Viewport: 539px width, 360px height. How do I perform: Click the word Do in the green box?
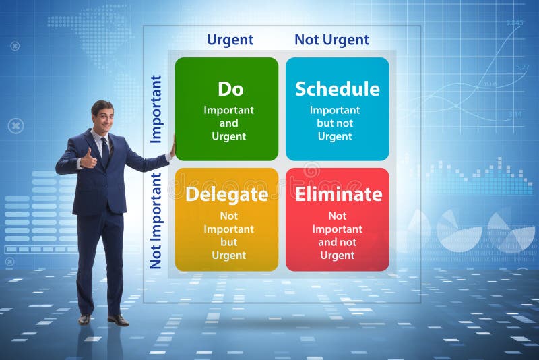click(x=230, y=89)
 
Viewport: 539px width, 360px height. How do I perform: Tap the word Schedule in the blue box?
click(x=338, y=89)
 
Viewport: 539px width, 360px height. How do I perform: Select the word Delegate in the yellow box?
click(x=227, y=195)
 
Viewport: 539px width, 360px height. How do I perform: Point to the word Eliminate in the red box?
click(x=339, y=194)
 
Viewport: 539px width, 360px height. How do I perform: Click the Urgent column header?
click(x=230, y=40)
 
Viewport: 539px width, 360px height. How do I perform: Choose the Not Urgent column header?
click(x=331, y=40)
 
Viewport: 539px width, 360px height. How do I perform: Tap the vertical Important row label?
click(x=156, y=109)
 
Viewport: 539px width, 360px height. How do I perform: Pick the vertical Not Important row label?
click(x=156, y=220)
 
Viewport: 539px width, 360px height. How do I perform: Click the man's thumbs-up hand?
click(x=88, y=159)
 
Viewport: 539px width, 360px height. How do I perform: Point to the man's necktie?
click(x=105, y=152)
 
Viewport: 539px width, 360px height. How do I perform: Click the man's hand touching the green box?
click(x=172, y=148)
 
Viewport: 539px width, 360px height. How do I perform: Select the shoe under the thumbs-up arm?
click(x=84, y=320)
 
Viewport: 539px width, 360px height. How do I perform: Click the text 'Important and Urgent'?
click(x=228, y=123)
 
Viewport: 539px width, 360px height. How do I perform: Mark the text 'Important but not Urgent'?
click(x=335, y=123)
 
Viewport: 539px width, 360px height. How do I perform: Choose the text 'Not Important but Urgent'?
click(x=228, y=235)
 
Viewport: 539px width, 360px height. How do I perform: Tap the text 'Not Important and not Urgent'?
click(x=338, y=235)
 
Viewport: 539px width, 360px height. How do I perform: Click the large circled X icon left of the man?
click(x=15, y=126)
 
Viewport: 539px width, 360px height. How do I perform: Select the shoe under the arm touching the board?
click(x=119, y=320)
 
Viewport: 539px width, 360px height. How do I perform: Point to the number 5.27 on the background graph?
click(x=523, y=67)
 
